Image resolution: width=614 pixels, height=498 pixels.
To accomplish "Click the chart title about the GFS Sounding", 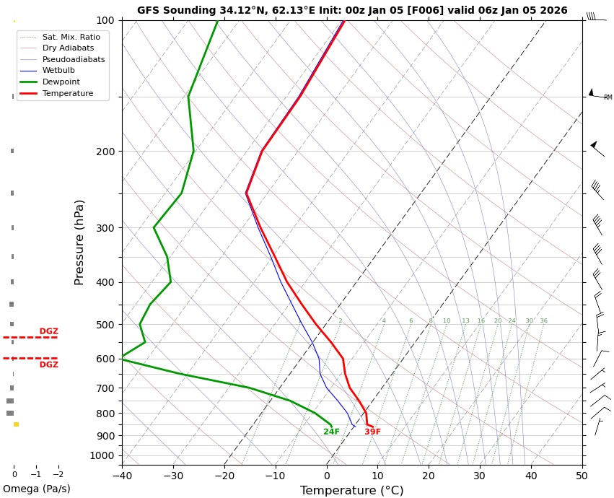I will click(352, 11).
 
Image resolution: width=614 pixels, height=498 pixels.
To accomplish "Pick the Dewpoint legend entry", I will click(58, 82).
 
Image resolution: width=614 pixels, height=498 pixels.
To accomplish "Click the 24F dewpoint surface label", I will click(331, 432).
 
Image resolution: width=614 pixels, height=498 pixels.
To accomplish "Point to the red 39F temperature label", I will click(372, 432).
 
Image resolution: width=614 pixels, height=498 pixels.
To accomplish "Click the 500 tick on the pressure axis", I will click(106, 325).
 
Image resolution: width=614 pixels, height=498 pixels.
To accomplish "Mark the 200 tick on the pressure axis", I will click(106, 152).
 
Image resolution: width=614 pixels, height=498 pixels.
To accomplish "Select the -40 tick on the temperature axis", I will click(122, 476).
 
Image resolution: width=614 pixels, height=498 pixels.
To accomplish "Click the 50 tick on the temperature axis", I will click(582, 476).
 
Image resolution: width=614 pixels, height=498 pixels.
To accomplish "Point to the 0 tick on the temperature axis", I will click(327, 476).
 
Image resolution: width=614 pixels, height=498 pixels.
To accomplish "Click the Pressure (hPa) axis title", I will click(80, 242).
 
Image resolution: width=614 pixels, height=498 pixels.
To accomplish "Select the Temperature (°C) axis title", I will click(351, 491).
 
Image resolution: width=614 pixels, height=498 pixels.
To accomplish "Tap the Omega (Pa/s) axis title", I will click(37, 489).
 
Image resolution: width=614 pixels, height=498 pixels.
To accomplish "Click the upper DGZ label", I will click(48, 332).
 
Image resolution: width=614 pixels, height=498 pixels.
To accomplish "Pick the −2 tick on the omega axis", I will click(58, 475).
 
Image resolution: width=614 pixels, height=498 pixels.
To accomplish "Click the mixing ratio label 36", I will click(543, 321).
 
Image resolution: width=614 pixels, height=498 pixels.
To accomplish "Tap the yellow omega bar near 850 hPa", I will click(16, 424).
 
